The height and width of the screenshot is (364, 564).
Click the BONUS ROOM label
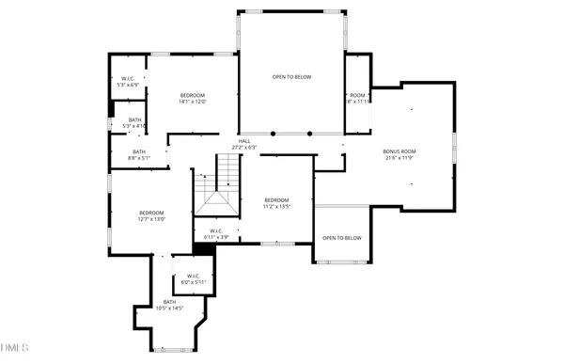399,151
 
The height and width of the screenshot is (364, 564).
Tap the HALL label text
244,141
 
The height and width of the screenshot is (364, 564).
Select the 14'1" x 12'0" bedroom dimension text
193,102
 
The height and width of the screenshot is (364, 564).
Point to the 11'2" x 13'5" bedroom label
276,206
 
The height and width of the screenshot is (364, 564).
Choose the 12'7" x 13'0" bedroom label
152,219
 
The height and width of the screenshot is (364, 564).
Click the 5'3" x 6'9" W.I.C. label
128,85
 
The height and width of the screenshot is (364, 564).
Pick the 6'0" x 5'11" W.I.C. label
194,282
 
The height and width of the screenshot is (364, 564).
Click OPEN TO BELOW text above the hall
291,77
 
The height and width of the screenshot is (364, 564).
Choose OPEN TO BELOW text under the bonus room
342,238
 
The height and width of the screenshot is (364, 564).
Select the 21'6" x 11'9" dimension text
399,158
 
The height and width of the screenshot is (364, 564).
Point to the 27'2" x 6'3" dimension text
244,148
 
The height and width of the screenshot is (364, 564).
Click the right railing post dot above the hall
310,134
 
